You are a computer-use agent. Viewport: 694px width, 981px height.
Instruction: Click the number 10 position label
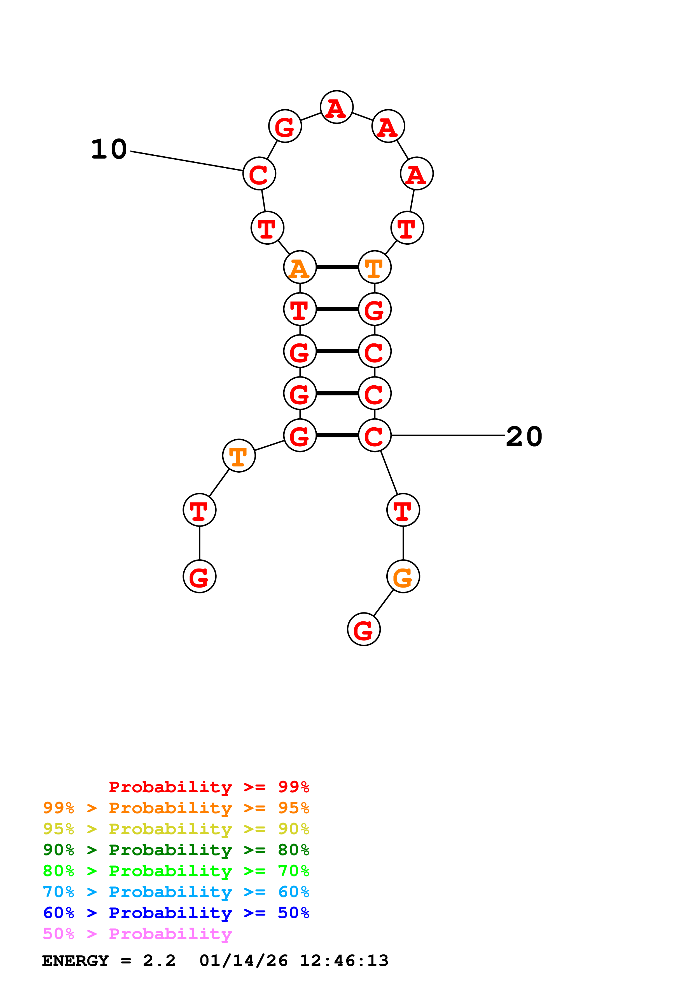click(109, 150)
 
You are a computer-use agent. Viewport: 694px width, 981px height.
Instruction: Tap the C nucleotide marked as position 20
click(375, 436)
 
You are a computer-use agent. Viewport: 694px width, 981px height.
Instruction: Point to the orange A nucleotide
click(300, 267)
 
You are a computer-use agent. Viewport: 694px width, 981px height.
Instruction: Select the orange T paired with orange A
click(375, 267)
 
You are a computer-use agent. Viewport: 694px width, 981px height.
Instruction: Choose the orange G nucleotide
click(403, 577)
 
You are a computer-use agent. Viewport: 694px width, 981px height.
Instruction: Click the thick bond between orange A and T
click(337, 267)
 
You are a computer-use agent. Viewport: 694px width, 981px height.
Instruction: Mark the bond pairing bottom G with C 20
click(337, 436)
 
